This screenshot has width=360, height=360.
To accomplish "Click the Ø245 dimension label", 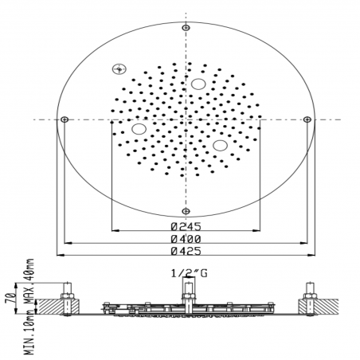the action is pyautogui.click(x=186, y=226).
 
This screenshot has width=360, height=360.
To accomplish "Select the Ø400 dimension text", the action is pyautogui.click(x=186, y=239).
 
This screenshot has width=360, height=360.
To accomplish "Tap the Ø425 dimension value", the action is pyautogui.click(x=186, y=251).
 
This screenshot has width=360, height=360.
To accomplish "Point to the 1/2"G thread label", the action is pyautogui.click(x=189, y=273).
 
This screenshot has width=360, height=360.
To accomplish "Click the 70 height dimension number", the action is pyautogui.click(x=10, y=298).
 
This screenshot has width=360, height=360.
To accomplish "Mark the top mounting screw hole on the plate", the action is pyautogui.click(x=186, y=27).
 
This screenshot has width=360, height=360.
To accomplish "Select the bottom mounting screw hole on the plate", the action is pyautogui.click(x=186, y=211).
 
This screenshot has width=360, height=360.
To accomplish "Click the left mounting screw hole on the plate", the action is pyautogui.click(x=65, y=119).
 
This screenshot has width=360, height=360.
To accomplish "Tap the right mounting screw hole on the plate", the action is pyautogui.click(x=307, y=119).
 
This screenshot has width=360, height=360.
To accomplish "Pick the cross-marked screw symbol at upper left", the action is pyautogui.click(x=119, y=69).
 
